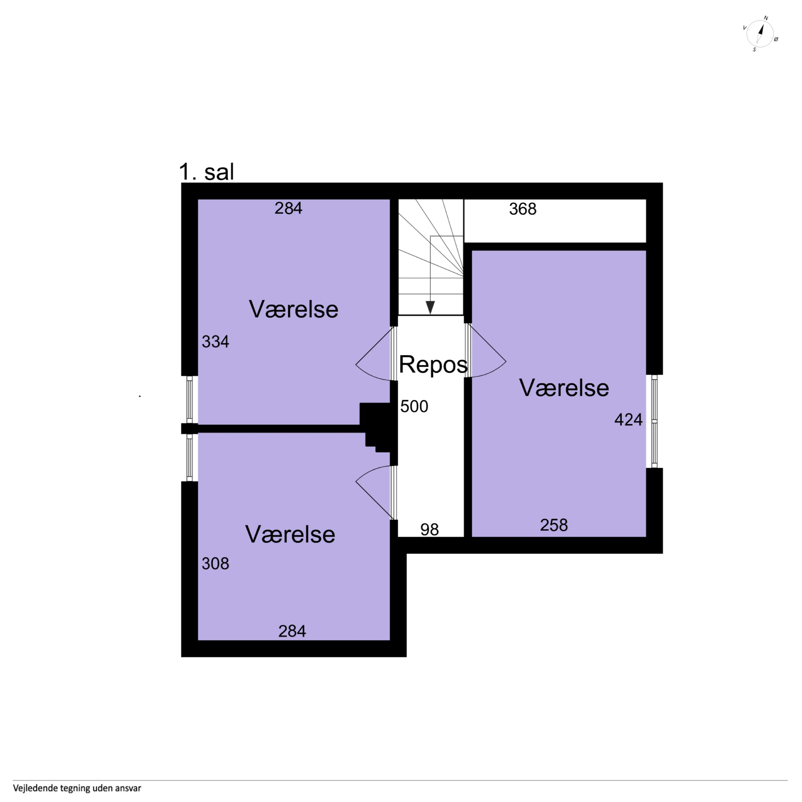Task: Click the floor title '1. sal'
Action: [206, 172]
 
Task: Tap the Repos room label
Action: [433, 364]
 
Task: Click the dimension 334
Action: [215, 342]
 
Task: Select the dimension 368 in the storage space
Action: [523, 209]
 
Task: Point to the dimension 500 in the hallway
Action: [414, 406]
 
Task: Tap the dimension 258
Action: [554, 525]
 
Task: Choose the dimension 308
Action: [215, 563]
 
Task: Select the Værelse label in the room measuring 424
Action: [564, 388]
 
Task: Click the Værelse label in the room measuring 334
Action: [293, 309]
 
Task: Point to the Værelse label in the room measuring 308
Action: [290, 534]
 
